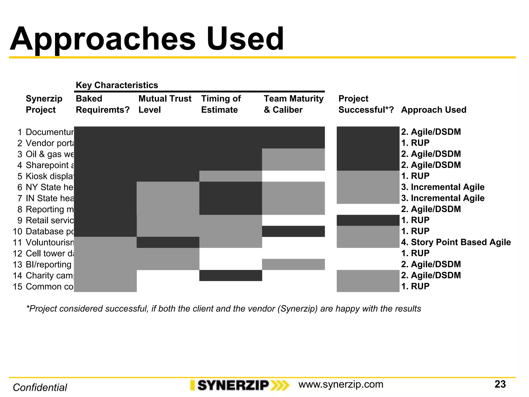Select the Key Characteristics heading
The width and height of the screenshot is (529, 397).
pyautogui.click(x=117, y=85)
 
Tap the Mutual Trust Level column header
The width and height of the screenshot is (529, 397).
pyautogui.click(x=165, y=104)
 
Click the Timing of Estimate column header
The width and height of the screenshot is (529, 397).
pyautogui.click(x=221, y=104)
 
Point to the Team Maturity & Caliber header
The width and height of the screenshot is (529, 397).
pyautogui.click(x=293, y=104)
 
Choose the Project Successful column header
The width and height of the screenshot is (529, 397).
pyautogui.click(x=366, y=104)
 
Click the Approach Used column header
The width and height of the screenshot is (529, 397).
pyautogui.click(x=434, y=110)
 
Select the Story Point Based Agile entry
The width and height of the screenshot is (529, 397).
pyautogui.click(x=456, y=242)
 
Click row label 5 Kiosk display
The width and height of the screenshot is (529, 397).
pyautogui.click(x=45, y=176)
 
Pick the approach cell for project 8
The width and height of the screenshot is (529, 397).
pyautogui.click(x=431, y=209)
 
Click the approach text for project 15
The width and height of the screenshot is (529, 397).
pyautogui.click(x=415, y=286)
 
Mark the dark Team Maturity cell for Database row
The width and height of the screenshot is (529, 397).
pyautogui.click(x=293, y=231)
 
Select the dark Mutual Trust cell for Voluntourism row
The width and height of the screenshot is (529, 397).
pyautogui.click(x=168, y=242)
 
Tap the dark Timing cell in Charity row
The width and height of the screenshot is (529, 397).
pyautogui.click(x=231, y=275)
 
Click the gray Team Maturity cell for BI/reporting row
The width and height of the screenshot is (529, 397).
pyautogui.click(x=293, y=264)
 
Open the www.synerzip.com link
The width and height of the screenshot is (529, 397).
pyautogui.click(x=341, y=384)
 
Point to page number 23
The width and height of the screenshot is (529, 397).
pyautogui.click(x=500, y=384)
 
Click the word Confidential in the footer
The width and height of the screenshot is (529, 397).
pyautogui.click(x=40, y=387)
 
